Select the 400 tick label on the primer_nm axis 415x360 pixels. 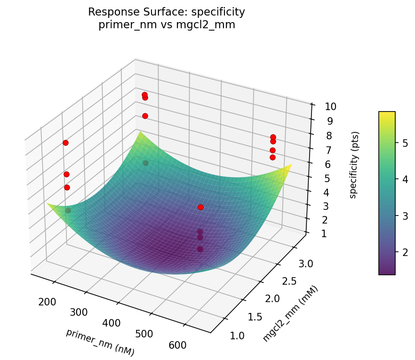point(112,323)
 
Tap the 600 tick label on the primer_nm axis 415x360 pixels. point(177,345)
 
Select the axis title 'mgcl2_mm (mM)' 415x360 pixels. point(290,313)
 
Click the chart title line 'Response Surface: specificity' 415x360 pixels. point(167,12)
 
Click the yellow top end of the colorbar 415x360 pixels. point(387,114)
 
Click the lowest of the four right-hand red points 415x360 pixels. point(272,157)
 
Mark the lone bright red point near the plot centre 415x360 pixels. point(200,207)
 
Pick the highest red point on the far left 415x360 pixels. point(65,143)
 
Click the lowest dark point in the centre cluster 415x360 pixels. point(200,249)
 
